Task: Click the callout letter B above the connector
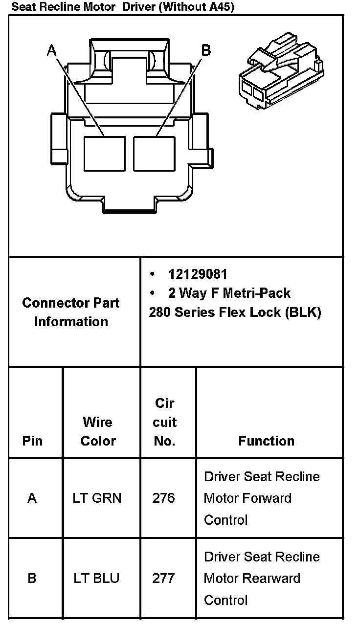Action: [x=206, y=50]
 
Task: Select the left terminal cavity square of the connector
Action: [x=104, y=153]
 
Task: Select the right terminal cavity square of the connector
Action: [x=154, y=153]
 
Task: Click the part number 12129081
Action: [x=198, y=274]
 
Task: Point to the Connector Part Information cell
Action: [x=71, y=312]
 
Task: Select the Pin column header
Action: [x=32, y=441]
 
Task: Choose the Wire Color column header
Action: [x=98, y=431]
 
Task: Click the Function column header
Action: [x=267, y=441]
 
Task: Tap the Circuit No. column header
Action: [x=165, y=422]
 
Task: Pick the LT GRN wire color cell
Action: [x=98, y=498]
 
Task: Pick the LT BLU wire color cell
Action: [x=97, y=579]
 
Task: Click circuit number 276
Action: [x=163, y=498]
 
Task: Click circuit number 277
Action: [x=163, y=579]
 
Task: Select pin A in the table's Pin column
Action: [x=32, y=498]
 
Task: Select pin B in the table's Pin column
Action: [x=32, y=579]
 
